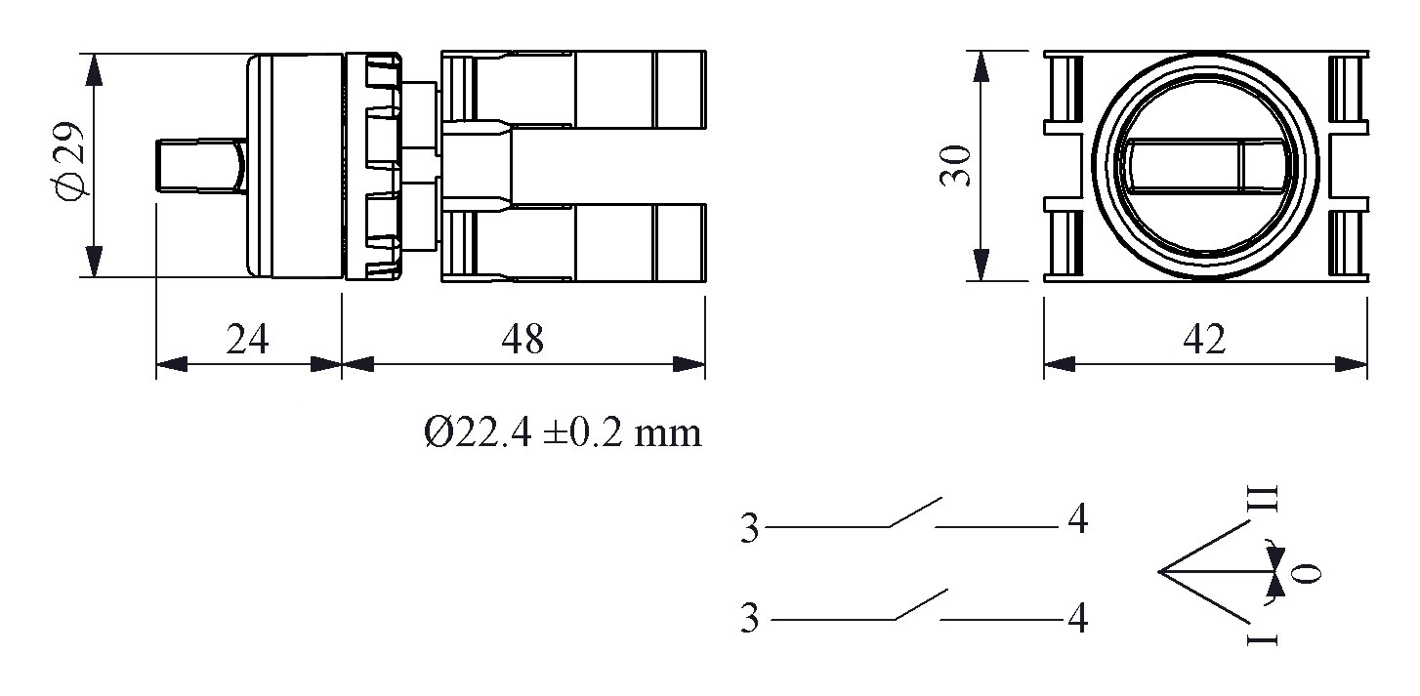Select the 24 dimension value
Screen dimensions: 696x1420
(247, 340)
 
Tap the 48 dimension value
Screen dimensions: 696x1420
(522, 340)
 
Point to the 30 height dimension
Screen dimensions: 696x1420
(955, 166)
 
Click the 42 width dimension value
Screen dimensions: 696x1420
(1203, 340)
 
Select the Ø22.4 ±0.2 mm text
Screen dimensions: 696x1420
(564, 431)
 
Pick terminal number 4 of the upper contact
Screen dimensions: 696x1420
(1077, 520)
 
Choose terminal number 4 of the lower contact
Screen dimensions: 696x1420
(1077, 618)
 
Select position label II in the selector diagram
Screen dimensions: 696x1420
(1265, 498)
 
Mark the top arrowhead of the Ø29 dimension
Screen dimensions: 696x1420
(94, 68)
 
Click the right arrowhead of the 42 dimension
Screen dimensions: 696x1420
(1352, 365)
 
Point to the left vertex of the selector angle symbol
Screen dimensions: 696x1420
(1160, 570)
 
